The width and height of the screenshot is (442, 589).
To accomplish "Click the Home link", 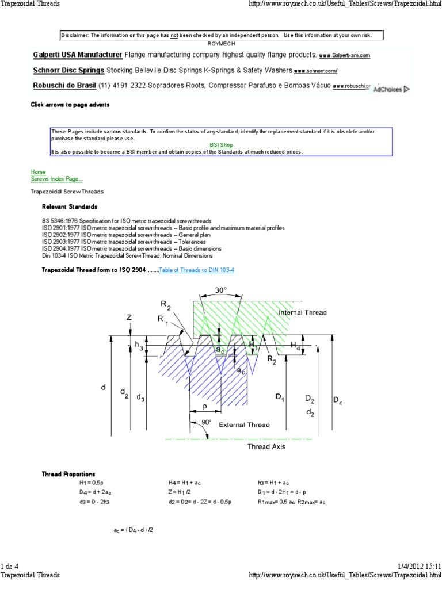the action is [x=38, y=172].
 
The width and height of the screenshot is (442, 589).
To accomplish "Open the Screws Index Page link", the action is [x=56, y=179].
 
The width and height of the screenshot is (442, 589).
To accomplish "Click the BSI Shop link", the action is [x=221, y=145].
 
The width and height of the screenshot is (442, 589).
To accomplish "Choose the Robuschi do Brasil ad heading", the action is [x=64, y=86].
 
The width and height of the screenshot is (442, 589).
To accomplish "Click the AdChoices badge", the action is [x=390, y=89].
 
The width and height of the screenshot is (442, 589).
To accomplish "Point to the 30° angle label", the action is [x=221, y=290].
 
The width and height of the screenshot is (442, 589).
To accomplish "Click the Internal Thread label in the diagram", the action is [x=302, y=313].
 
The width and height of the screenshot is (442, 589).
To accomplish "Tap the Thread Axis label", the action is [x=266, y=446].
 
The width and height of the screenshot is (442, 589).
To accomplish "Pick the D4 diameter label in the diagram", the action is [x=337, y=400].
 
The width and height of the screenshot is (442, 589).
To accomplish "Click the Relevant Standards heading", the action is [x=70, y=206].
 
